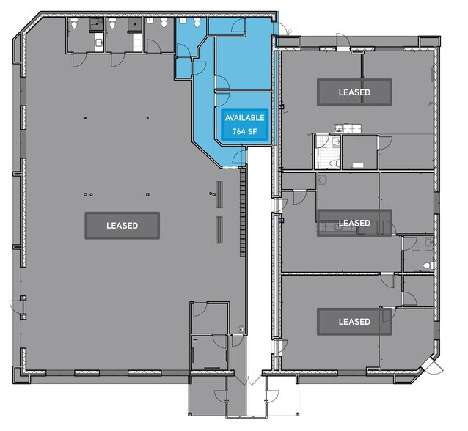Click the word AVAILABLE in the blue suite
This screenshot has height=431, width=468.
tap(244, 118)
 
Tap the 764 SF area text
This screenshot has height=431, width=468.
tap(244, 131)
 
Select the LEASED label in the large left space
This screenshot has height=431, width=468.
tap(122, 226)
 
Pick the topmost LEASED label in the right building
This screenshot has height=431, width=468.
tap(354, 92)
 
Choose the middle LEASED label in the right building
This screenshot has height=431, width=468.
tap(354, 223)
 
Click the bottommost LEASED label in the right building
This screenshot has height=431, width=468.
tap(354, 322)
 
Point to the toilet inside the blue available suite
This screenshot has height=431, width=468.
tap(197, 23)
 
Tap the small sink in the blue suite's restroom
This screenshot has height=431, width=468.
tap(182, 20)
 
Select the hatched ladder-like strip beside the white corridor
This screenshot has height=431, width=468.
tap(243, 212)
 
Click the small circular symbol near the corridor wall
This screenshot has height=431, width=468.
tap(241, 329)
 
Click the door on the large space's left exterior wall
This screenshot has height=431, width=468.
tap(15, 307)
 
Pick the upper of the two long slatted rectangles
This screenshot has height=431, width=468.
tap(219, 194)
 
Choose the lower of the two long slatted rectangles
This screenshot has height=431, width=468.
tap(219, 230)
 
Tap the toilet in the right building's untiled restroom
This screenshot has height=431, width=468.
tap(428, 265)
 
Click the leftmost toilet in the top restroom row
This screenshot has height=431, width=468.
tap(74, 23)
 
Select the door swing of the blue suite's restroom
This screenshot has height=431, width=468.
tap(183, 50)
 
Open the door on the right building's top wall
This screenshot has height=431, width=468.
tap(343, 40)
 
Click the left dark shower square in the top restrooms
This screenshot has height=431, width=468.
tap(96, 24)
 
